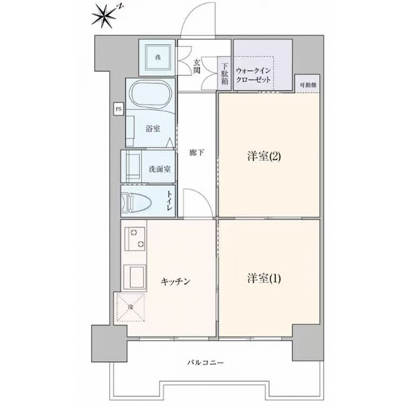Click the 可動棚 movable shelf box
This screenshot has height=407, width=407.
pos(310,84)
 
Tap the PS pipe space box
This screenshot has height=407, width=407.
pos(118,109)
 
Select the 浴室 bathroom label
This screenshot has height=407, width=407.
pos(153,128)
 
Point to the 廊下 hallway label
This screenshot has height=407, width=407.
pos(197,153)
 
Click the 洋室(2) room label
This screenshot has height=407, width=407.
pos(264,156)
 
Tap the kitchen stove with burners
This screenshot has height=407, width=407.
pos(135,241)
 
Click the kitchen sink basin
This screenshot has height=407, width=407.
pos(135,277)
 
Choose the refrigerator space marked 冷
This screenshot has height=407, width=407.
pos(130,309)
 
